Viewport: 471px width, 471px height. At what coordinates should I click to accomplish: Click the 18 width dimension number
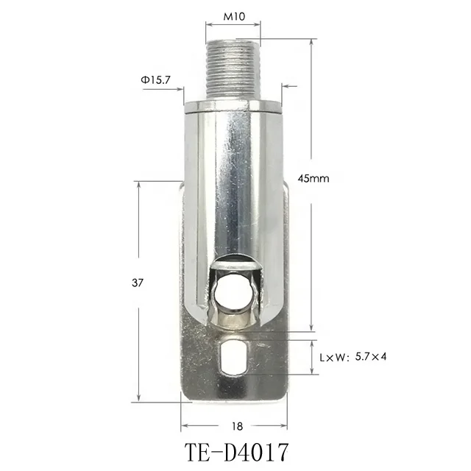point(235,425)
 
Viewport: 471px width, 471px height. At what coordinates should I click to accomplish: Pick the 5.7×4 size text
point(373,357)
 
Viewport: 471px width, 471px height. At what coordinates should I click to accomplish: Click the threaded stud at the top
point(232,70)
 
